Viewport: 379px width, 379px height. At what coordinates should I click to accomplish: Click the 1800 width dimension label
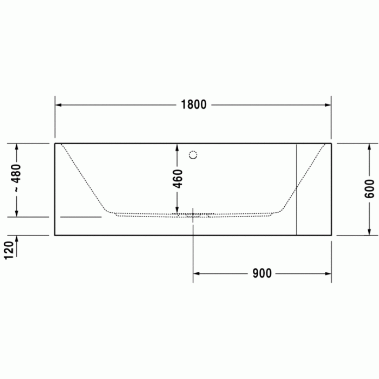pos(193,104)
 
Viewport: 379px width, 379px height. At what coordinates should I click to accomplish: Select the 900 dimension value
pos(262,273)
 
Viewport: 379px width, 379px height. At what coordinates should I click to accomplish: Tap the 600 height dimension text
pos(370,188)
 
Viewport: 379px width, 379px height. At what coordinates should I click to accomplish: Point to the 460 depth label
pos(178,179)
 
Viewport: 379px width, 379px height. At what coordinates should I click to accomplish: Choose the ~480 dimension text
pos(17,179)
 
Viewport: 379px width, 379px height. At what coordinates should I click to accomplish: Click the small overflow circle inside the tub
pos(193,155)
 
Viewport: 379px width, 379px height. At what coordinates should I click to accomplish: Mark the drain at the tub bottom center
pos(193,214)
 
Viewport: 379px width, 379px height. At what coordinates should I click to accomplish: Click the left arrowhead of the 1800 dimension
pos(58,104)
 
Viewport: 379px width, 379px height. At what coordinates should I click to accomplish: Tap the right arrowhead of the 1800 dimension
pos(328,104)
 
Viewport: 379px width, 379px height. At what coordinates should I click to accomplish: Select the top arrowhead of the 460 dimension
pos(177,147)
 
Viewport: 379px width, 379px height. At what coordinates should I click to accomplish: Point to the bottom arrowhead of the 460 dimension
pos(177,211)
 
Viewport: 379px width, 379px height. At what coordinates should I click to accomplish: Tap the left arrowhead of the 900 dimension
pos(197,273)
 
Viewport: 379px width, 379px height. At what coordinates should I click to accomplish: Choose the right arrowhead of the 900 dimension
pos(328,273)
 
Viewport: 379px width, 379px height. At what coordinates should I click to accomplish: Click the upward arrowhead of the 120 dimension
pos(17,239)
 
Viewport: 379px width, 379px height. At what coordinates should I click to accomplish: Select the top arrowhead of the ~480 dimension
pos(17,147)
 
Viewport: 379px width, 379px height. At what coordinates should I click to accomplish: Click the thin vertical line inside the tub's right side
pos(296,190)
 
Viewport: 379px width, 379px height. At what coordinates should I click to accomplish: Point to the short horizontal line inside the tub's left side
pos(81,217)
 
